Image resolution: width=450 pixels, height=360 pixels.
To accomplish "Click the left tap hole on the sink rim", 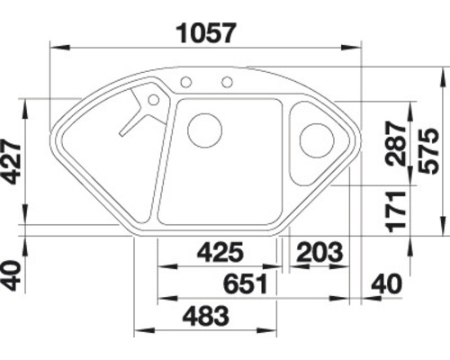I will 185,83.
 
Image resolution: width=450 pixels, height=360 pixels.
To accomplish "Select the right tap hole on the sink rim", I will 227,83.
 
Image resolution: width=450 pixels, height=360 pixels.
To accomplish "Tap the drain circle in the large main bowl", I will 204,130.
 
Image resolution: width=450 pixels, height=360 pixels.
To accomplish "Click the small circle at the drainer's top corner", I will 153,99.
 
